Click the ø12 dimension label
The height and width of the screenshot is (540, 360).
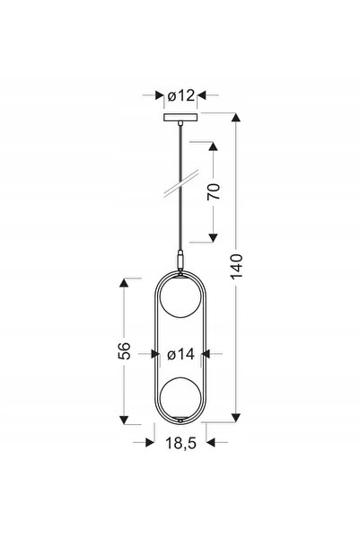[181, 95]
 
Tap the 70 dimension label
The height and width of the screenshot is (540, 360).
[214, 191]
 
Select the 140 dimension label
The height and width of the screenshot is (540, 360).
[236, 266]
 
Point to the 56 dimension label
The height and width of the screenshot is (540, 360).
[124, 350]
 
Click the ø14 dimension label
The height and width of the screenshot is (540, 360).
[180, 354]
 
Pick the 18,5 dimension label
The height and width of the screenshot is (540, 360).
[181, 443]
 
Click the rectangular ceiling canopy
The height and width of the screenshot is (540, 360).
[180, 117]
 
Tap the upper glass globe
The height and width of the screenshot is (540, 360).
[180, 297]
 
